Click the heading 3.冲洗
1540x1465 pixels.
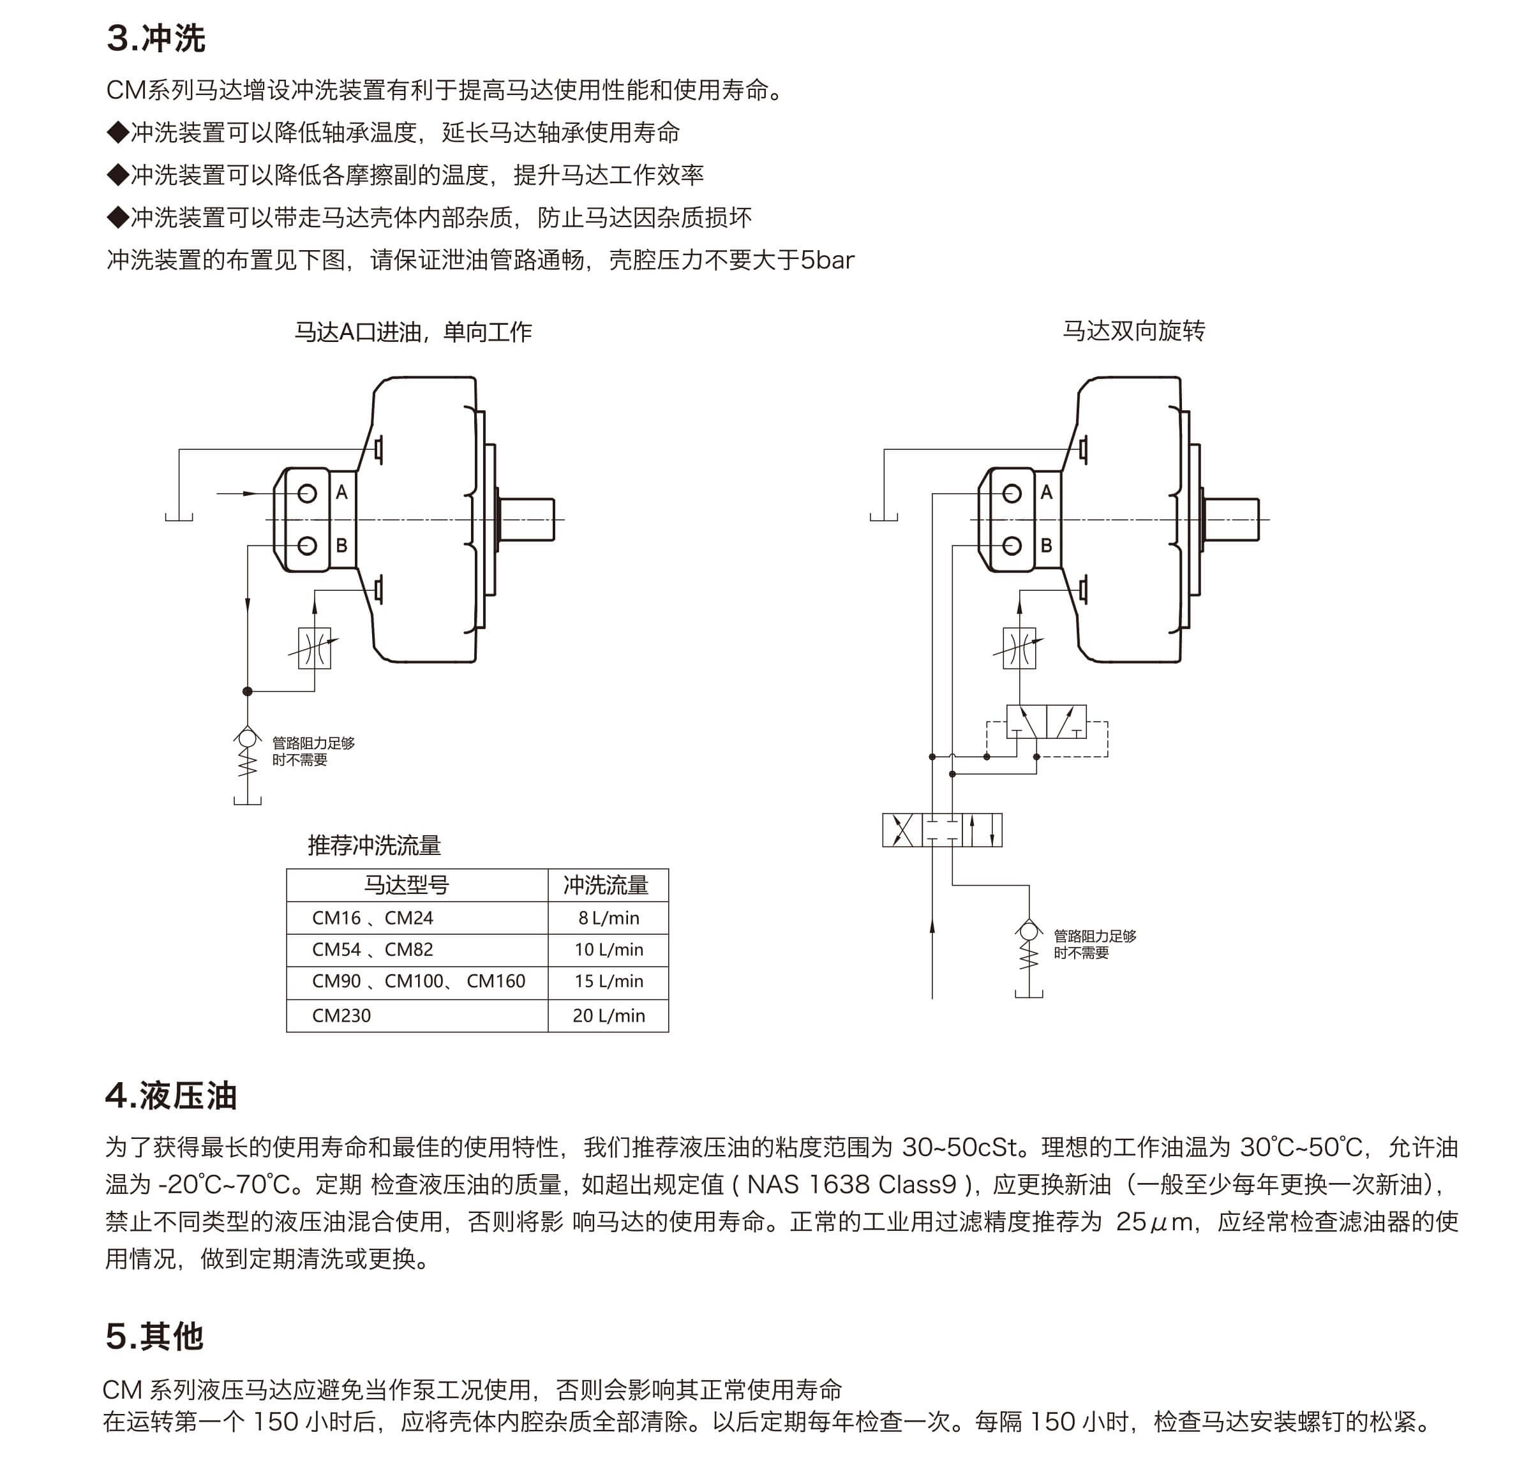click(x=156, y=38)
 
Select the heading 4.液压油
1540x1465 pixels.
click(x=170, y=1096)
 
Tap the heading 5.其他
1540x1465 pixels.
click(x=154, y=1336)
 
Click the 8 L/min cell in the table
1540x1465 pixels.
click(x=608, y=918)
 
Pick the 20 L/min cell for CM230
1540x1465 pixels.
click(x=608, y=1015)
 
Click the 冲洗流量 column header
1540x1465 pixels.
click(x=606, y=885)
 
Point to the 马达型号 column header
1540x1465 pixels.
click(x=406, y=885)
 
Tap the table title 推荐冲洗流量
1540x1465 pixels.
click(x=374, y=845)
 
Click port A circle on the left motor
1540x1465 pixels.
click(x=307, y=493)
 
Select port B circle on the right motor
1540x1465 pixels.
click(x=1012, y=545)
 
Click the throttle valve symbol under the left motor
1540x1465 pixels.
click(x=315, y=648)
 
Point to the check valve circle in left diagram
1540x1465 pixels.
click(x=248, y=737)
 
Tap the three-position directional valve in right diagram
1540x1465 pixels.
click(x=942, y=829)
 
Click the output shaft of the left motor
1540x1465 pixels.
click(x=527, y=519)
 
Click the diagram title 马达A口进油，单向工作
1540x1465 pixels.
click(x=413, y=332)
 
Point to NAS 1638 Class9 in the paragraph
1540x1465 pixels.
click(x=851, y=1185)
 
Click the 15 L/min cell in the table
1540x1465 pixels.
click(x=608, y=981)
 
